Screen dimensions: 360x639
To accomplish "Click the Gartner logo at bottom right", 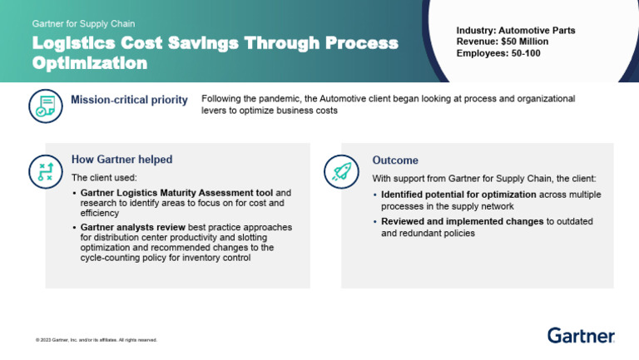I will [581, 335].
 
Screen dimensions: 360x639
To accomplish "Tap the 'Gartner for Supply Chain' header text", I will [83, 24].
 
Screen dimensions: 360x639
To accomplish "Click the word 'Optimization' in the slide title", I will [90, 62].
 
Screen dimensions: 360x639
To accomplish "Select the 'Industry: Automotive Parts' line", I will [515, 31].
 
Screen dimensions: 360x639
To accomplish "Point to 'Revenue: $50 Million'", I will [503, 42].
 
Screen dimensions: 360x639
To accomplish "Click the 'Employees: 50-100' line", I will [498, 52].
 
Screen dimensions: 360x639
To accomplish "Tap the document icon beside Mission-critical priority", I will [45, 105].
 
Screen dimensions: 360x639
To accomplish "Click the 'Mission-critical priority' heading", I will [129, 101].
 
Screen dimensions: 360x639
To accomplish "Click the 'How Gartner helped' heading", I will [121, 160].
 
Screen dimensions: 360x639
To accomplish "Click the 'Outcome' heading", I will [395, 160].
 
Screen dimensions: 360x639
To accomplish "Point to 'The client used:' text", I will [104, 178].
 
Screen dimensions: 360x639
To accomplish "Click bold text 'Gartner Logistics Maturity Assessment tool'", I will [177, 193].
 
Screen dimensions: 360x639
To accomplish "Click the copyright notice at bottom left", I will [97, 340].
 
